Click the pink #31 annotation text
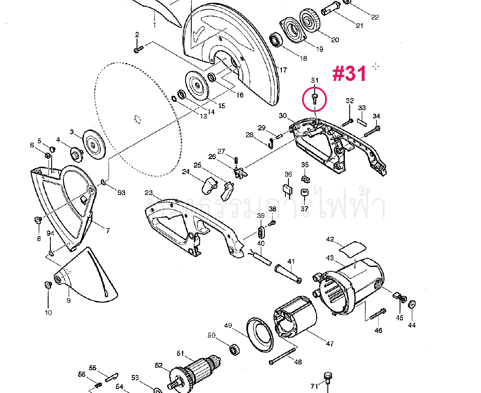[x=349, y=74]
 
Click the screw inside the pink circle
[x=315, y=97]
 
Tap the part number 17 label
[x=283, y=70]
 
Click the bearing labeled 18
[x=277, y=41]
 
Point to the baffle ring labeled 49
[x=259, y=334]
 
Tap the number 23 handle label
[x=149, y=193]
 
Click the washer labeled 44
[x=411, y=305]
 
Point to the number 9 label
[x=69, y=301]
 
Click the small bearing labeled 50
[x=236, y=349]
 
